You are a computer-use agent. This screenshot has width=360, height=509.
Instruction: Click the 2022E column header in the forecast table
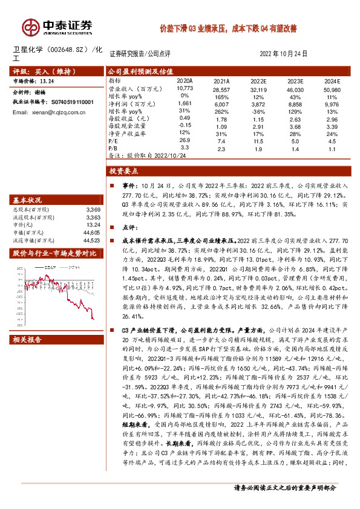pyautogui.click(x=258, y=81)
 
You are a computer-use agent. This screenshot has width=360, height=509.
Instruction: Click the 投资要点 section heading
pyautogui.click(x=123, y=171)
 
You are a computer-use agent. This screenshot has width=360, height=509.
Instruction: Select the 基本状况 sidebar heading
pyautogui.click(x=28, y=200)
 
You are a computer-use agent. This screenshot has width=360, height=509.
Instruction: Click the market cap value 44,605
pyautogui.click(x=91, y=232)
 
